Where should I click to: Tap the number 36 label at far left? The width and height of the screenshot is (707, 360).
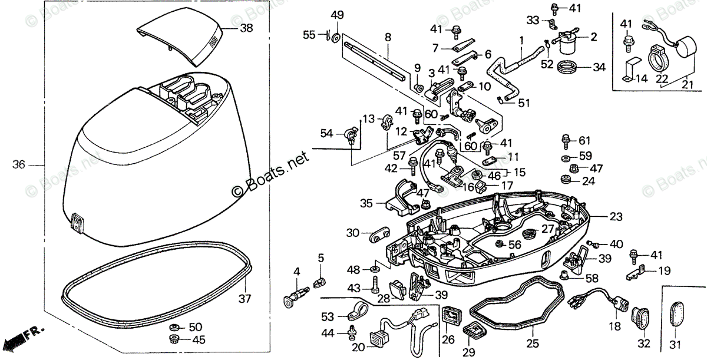[x=19, y=165]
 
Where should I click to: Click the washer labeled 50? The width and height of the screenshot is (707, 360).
[x=175, y=327]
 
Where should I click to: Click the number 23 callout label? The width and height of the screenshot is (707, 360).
[x=616, y=217]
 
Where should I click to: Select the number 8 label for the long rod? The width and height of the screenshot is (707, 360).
[x=388, y=37]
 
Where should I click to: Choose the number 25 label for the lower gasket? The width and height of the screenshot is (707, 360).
[x=533, y=342]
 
